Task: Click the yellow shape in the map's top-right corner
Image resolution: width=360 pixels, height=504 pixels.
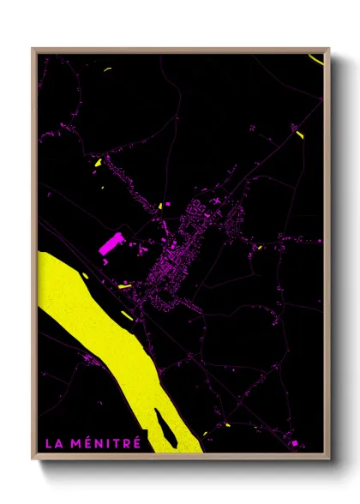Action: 316,58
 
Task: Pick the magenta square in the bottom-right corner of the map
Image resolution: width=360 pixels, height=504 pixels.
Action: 295,443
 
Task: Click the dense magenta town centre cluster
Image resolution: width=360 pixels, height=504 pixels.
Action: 176,257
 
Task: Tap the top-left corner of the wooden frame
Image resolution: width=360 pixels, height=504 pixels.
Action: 33,49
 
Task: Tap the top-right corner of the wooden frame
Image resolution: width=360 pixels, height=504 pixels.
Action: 329,49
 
